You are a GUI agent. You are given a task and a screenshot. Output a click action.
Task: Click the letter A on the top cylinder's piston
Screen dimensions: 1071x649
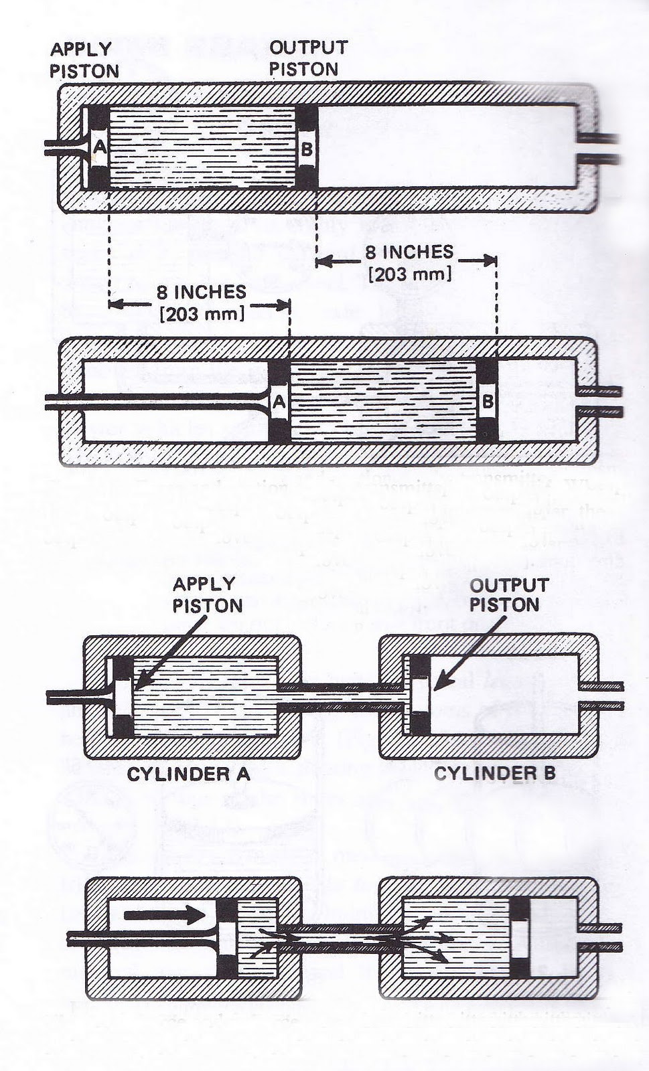[98, 147]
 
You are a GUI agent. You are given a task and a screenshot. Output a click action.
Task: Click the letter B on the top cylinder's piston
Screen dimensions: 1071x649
[306, 149]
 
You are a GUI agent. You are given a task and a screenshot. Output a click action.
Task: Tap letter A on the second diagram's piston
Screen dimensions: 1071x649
[279, 402]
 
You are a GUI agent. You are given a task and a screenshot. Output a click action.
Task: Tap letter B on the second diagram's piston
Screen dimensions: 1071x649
[488, 402]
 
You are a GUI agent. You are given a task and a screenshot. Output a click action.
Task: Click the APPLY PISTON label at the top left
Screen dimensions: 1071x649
[84, 60]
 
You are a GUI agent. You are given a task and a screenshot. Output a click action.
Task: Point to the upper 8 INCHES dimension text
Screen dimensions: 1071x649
[409, 252]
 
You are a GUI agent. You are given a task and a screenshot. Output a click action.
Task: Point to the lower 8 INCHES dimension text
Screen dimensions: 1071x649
[201, 292]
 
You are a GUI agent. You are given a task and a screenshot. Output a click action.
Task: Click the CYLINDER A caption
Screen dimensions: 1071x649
[188, 774]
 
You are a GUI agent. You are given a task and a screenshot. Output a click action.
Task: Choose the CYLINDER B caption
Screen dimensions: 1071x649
[494, 774]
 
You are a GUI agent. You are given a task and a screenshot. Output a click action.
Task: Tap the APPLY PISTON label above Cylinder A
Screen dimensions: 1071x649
[207, 594]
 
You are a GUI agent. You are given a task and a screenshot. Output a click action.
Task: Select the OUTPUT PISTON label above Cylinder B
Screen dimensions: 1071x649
[504, 594]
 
